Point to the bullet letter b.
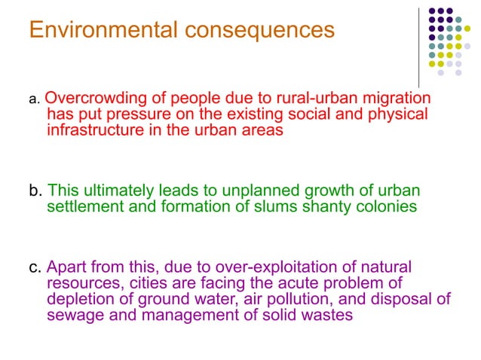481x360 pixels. (x=33, y=190)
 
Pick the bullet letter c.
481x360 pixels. (x=33, y=267)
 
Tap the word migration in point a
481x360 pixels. (x=397, y=99)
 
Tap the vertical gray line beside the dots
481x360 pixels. (x=418, y=45)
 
